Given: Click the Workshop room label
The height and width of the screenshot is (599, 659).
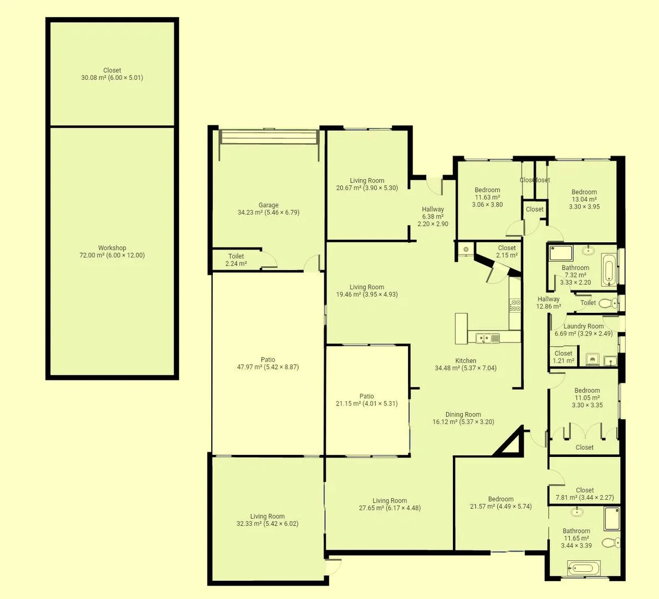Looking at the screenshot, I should tap(112, 252).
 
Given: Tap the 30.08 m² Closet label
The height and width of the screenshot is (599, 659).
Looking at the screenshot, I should tap(112, 74).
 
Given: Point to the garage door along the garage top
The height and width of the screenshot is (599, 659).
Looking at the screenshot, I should tap(269, 137).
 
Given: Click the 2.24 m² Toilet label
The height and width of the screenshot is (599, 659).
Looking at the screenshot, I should tap(236, 260).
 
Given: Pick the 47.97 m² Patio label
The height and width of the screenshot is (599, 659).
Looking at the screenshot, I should tap(268, 363).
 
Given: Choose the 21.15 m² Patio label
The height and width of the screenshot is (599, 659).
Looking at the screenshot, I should tap(366, 400).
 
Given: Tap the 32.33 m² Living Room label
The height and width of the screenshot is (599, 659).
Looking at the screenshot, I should tap(267, 520).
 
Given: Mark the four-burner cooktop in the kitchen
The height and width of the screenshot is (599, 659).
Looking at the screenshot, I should tap(515, 305).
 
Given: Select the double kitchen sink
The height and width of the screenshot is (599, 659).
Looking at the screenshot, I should tap(484, 337).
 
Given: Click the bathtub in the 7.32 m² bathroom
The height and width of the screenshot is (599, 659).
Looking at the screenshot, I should tap(608, 270).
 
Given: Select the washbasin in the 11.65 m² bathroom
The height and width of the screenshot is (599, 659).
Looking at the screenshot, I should tap(578, 511).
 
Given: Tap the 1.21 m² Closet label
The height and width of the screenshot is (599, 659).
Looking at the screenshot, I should tap(563, 357).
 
